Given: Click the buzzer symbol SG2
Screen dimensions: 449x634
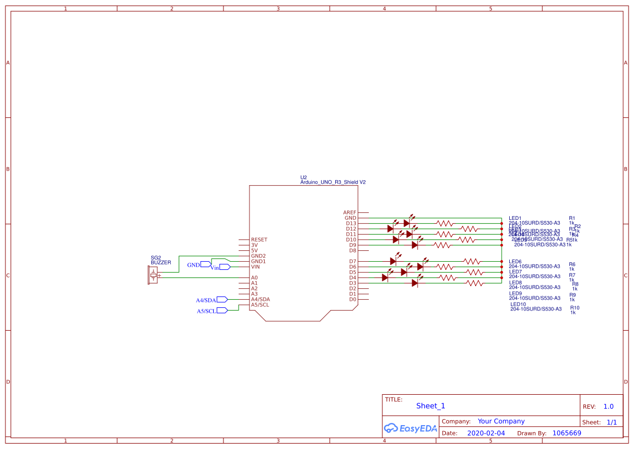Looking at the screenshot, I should coord(153,275).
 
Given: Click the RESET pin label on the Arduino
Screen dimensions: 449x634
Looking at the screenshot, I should coord(259,239).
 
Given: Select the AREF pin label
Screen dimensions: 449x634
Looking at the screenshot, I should coord(350,212).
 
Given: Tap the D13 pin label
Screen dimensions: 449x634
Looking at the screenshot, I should coord(351,223).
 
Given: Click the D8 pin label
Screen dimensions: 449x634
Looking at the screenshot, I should coord(353,250).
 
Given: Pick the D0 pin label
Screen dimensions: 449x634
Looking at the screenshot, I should coord(353,299).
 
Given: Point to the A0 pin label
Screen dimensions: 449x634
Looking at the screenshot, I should coord(254,277).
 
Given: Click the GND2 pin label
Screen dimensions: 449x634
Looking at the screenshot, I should coord(258,256).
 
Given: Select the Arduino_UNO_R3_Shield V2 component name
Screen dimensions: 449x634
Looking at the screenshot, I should coord(332,182).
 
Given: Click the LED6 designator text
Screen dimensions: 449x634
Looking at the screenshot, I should coord(515,261).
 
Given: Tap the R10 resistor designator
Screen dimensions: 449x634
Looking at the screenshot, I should coord(574,307).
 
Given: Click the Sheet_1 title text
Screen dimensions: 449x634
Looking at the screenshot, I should coord(430,406).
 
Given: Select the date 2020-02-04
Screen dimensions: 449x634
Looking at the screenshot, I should coord(485,433).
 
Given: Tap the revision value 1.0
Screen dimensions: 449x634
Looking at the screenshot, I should coord(608,406).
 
